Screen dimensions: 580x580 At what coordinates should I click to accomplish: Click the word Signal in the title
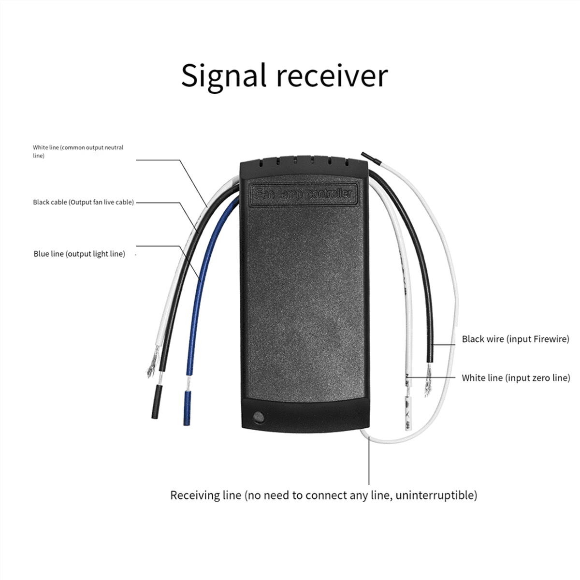pos(224,76)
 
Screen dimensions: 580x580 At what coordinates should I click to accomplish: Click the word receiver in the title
pos(337,76)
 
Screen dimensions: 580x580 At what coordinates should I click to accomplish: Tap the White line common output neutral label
pos(78,151)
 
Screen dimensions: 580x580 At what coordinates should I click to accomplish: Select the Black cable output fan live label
pos(83,202)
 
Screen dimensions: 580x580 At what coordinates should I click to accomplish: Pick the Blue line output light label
pos(79,254)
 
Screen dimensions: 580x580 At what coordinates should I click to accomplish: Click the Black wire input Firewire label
pos(515,339)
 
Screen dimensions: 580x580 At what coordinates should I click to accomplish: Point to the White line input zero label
pos(516,377)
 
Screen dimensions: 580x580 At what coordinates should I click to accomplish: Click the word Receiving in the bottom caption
pos(205,495)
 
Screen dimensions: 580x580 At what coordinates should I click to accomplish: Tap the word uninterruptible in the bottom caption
pos(436,495)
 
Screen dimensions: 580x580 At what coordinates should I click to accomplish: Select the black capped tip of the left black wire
pos(156,401)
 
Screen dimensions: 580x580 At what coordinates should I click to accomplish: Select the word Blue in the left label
pos(41,254)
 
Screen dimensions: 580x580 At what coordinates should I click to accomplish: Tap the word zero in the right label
pos(538,377)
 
